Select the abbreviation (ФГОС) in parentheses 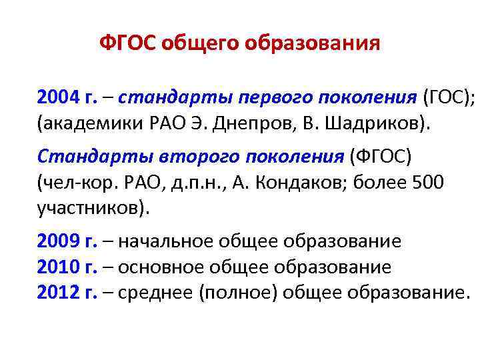[379, 157]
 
